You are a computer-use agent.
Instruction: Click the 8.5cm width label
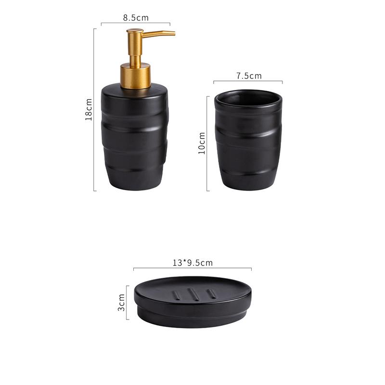[x=136, y=18]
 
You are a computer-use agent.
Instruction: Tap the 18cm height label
[x=89, y=110]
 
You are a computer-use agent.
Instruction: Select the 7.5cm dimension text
[x=249, y=76]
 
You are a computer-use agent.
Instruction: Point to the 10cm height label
[x=202, y=143]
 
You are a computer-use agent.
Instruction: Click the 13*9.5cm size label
[x=192, y=263]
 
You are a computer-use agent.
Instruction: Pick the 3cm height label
[x=121, y=302]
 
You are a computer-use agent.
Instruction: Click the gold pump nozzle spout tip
[x=174, y=33]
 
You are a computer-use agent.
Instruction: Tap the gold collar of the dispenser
[x=135, y=76]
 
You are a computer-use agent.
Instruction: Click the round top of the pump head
[x=135, y=31]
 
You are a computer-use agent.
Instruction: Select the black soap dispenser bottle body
[x=135, y=137]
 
